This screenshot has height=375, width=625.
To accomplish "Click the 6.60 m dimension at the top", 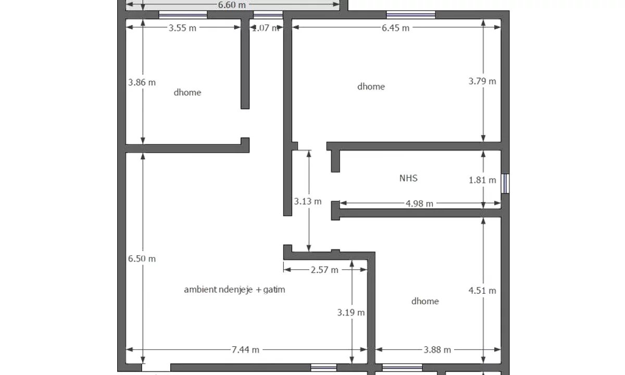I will pos(232,5).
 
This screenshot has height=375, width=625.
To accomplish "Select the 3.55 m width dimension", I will pos(182,28).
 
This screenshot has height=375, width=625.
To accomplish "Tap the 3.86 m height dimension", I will pos(142,82).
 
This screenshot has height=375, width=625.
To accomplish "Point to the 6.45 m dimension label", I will pos(395,28).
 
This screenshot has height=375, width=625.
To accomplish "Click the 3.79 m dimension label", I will pos(482,81).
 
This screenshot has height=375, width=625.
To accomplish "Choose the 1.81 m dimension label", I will pos(482,180).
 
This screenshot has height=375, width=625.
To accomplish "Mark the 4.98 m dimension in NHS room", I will pos(419,204).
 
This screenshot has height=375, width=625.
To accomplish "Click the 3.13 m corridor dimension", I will pos(308,201).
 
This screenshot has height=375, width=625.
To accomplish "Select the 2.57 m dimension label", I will pos(324,270).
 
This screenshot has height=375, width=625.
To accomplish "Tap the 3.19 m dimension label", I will pos(351,312).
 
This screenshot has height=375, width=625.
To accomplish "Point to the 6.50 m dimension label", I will pos(142,259).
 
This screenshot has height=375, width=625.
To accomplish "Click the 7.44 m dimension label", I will pos(245,350).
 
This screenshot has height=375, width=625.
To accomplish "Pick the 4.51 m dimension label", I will pos(482,291).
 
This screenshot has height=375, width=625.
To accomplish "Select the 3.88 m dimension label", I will pos(437,350).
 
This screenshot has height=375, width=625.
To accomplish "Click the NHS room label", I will pos(408,178).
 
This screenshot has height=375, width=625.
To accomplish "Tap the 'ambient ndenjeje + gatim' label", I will pos(234,290).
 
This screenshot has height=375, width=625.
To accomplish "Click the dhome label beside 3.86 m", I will pos(187,93).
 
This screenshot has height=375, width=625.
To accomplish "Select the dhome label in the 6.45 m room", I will pos(371,86).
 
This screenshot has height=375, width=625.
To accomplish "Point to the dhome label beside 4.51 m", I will pos(425,301).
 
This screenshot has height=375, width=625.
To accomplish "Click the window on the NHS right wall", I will pos(505,183).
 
